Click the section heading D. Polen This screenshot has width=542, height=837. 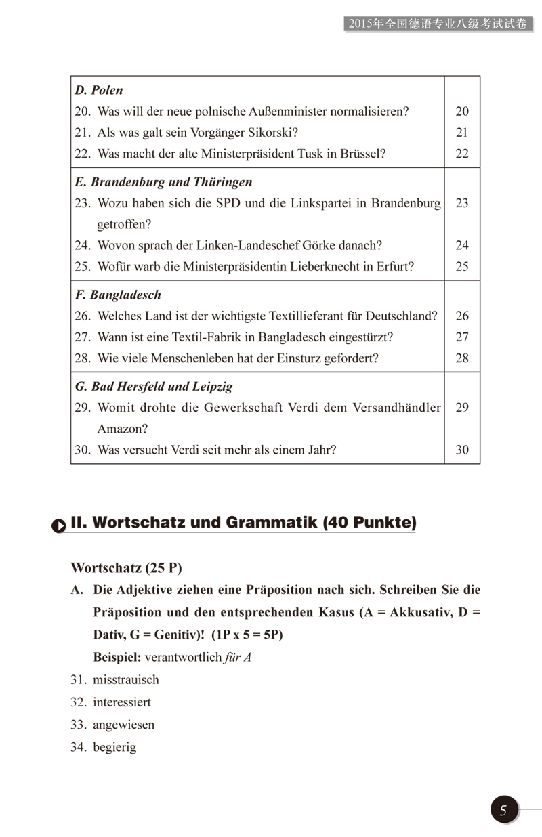(x=99, y=90)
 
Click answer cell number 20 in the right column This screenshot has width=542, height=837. (x=462, y=112)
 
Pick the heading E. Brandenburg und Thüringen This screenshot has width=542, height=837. (x=163, y=182)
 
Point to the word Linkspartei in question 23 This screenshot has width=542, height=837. (x=297, y=203)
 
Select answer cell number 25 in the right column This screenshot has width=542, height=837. (x=462, y=266)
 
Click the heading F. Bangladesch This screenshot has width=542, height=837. (x=118, y=295)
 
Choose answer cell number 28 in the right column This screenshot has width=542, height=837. (x=462, y=358)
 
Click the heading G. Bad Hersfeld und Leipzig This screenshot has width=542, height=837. (x=154, y=387)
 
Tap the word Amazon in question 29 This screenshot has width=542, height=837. (x=122, y=429)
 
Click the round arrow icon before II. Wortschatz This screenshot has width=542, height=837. (x=59, y=525)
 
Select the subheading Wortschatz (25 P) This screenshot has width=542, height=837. (x=126, y=567)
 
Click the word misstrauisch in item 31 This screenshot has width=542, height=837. (x=126, y=679)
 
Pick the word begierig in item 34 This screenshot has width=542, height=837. (x=114, y=748)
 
